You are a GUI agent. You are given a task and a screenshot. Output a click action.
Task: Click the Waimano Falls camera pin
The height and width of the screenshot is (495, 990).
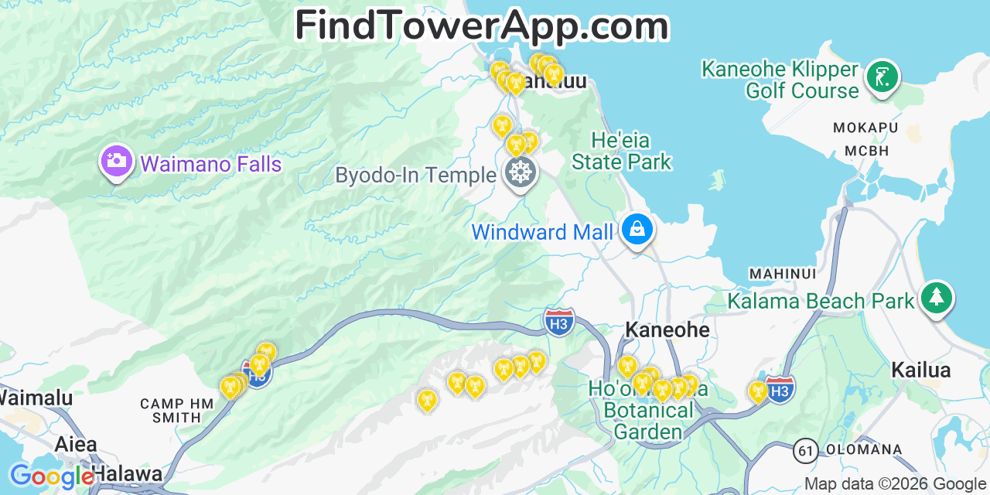[x=116, y=162]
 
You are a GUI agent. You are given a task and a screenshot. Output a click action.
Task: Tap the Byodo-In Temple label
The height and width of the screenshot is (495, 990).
[x=415, y=176]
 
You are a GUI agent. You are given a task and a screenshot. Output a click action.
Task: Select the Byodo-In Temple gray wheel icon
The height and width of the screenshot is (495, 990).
[x=521, y=172]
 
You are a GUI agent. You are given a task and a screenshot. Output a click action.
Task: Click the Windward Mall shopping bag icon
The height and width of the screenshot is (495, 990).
[x=637, y=230]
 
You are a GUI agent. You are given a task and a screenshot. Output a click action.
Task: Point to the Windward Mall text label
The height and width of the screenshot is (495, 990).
[x=542, y=232]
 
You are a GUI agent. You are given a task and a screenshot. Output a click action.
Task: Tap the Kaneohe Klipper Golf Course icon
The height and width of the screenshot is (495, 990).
[x=882, y=77]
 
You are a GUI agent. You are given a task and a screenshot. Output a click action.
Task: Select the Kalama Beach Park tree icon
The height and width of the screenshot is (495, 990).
[x=937, y=298]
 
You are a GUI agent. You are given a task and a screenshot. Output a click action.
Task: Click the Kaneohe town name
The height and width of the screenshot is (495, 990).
[x=667, y=330]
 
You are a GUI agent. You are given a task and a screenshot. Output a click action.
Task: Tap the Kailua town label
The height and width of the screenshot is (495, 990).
[x=920, y=370]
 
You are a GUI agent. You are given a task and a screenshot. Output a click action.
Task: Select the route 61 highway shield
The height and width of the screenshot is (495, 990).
[x=805, y=450]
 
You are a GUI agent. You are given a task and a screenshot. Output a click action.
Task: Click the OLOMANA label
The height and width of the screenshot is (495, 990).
[x=864, y=449]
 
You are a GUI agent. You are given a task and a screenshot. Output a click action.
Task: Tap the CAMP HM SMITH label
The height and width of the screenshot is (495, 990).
[x=172, y=410]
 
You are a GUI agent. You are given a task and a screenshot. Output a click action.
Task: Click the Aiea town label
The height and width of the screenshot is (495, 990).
[x=76, y=444]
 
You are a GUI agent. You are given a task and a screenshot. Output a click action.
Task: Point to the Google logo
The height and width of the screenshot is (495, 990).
[x=51, y=476]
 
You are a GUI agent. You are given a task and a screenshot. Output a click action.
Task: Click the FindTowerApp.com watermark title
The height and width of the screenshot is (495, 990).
[x=481, y=26]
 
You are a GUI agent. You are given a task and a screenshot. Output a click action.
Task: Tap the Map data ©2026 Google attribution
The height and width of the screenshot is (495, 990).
[x=895, y=484]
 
